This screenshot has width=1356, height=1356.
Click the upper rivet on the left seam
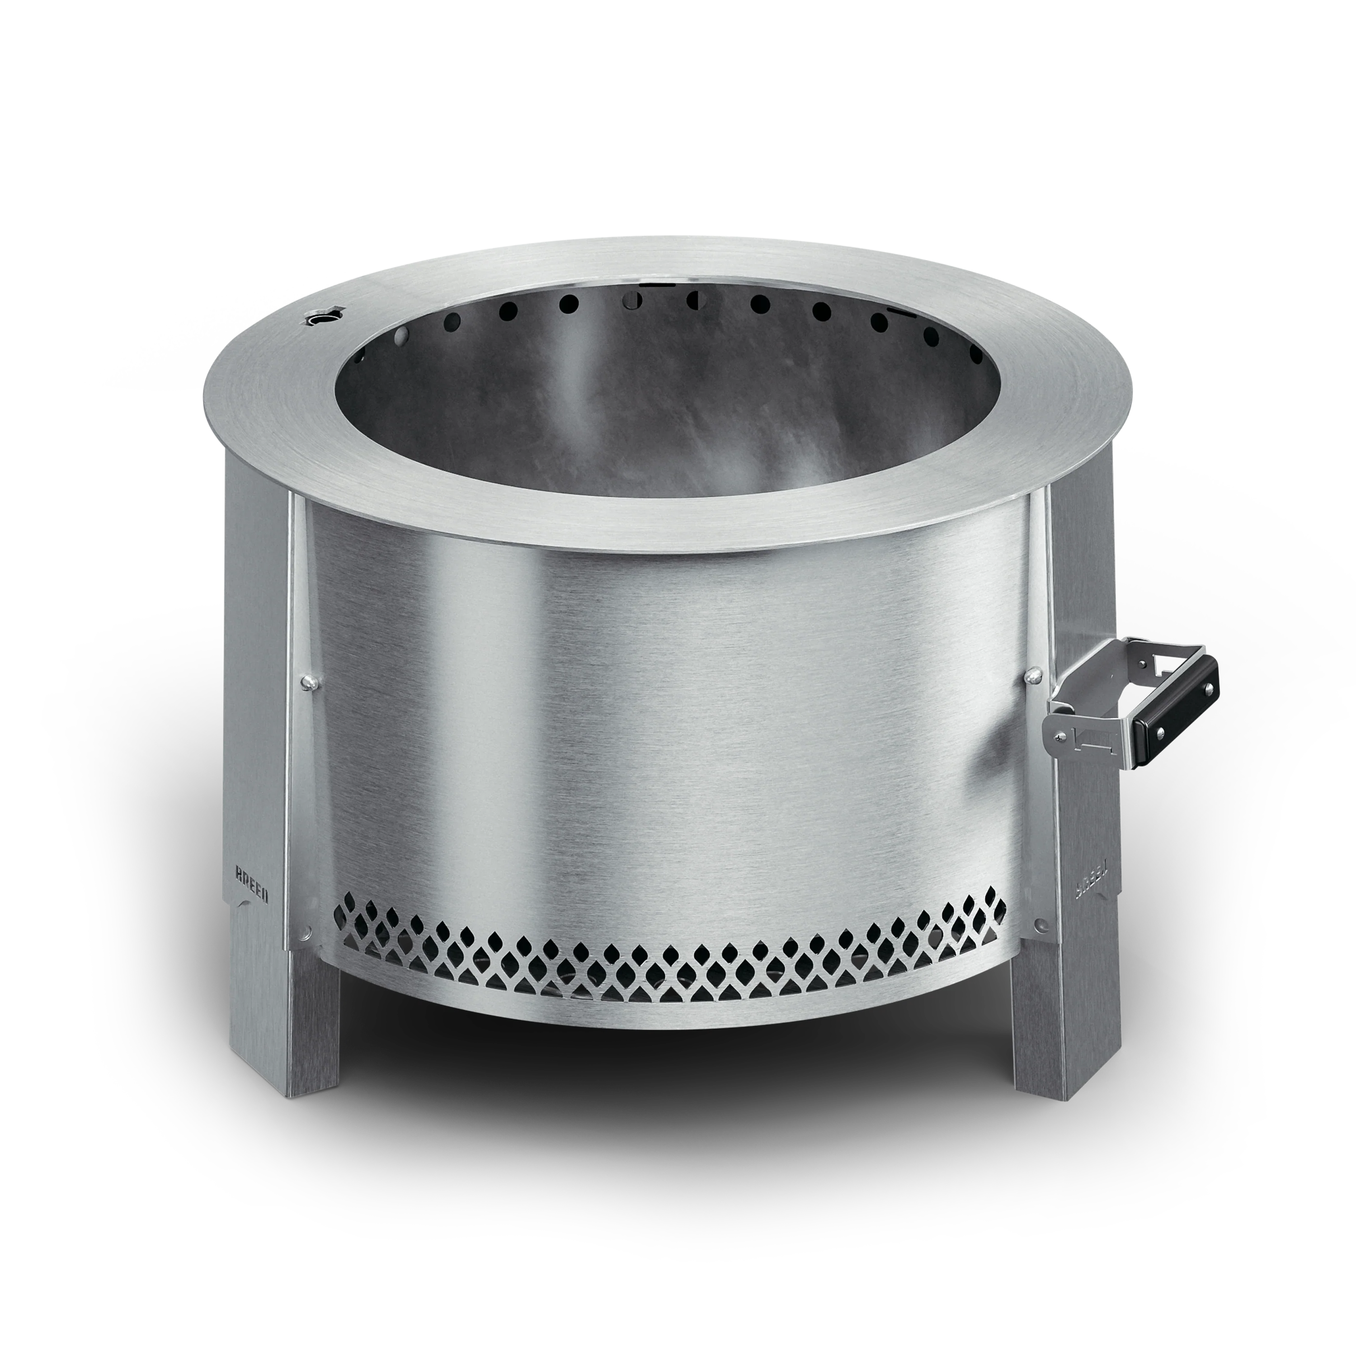click(x=307, y=681)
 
